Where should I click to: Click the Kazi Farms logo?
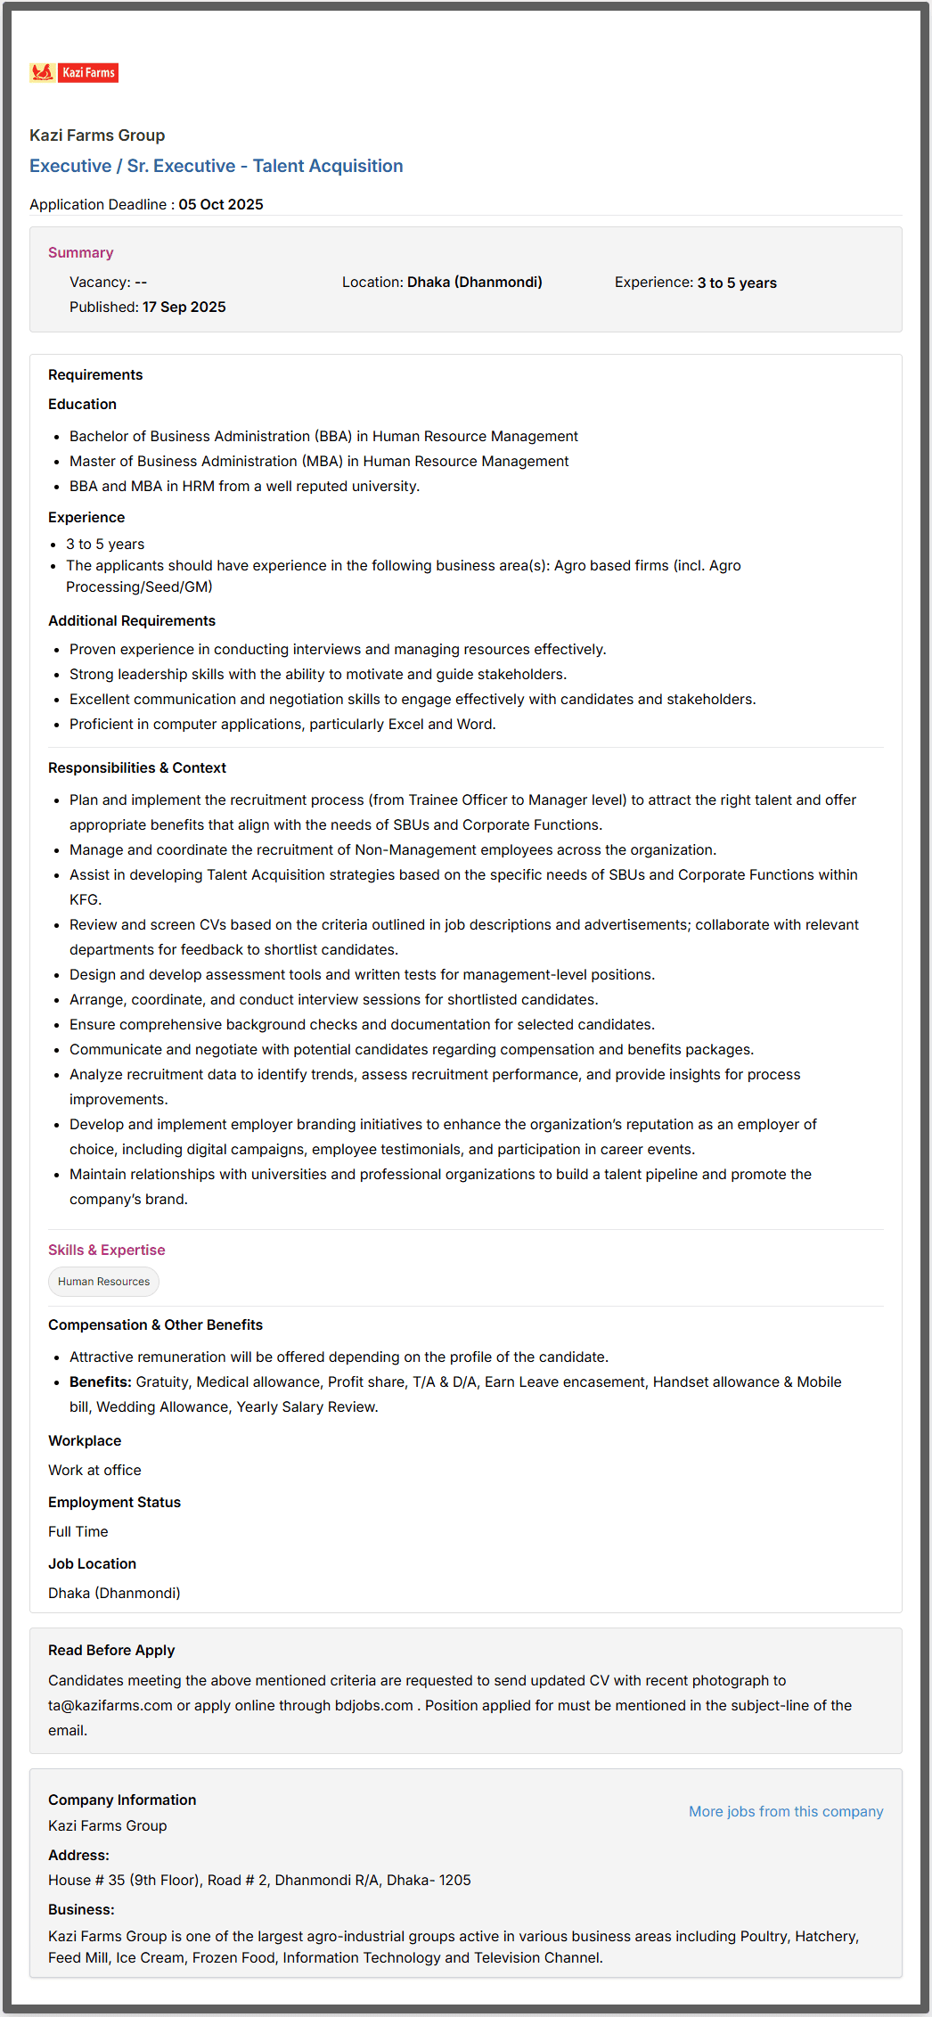[74, 73]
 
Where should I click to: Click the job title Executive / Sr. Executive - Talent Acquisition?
[216, 166]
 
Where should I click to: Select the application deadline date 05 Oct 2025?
[220, 204]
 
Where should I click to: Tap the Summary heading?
[80, 252]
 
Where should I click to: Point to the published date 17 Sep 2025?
[184, 307]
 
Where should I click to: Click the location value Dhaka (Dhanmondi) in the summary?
[474, 282]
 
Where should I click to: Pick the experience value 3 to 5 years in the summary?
[736, 283]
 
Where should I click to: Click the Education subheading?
[82, 404]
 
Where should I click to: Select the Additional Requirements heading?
[131, 620]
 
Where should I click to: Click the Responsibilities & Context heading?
[136, 767]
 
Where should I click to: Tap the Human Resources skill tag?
[103, 1282]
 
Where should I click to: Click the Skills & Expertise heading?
[106, 1250]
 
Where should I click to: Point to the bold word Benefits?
[101, 1382]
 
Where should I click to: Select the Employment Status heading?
[114, 1502]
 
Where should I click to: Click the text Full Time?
[78, 1531]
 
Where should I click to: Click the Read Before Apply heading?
[111, 1650]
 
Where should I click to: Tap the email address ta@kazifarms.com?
[110, 1705]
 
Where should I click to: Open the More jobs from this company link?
[785, 1811]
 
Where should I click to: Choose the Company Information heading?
[122, 1800]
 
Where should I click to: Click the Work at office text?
[94, 1470]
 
